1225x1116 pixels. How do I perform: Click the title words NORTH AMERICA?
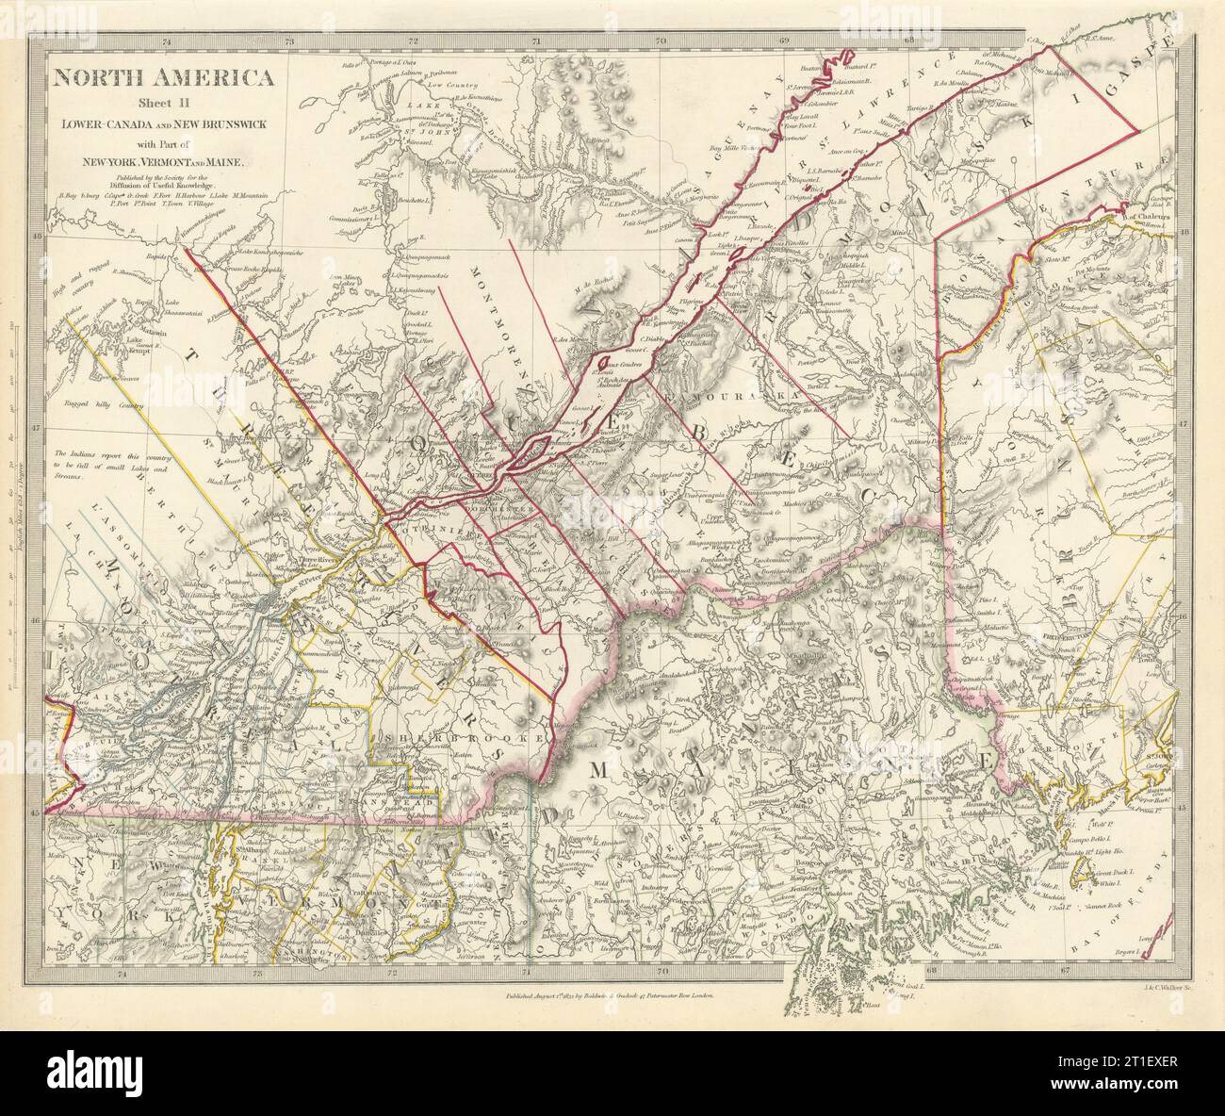coord(152,78)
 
